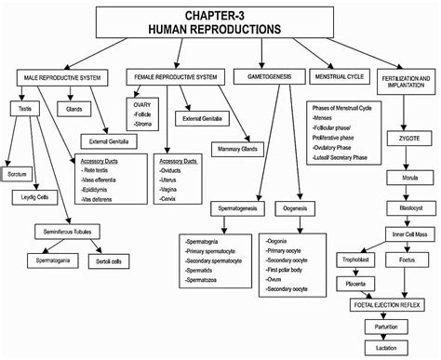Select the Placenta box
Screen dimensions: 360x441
(x=359, y=283)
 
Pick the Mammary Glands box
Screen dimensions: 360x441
(x=236, y=148)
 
